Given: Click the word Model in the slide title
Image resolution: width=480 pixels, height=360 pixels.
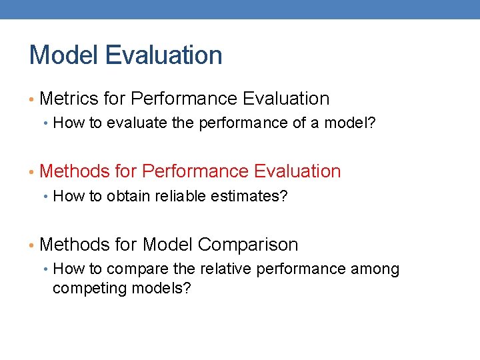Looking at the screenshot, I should coord(63,55).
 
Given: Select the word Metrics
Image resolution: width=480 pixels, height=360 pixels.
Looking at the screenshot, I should coord(69,99).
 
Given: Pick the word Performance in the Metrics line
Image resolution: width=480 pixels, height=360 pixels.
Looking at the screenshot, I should coord(185,99).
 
